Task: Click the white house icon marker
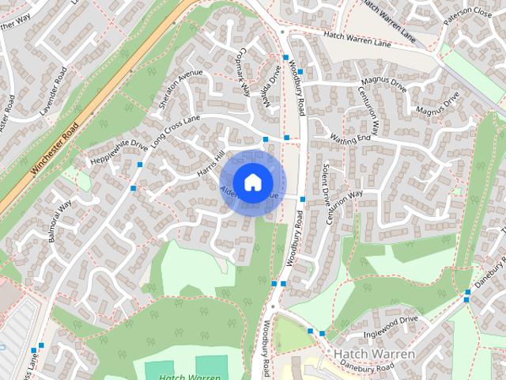click(251, 181)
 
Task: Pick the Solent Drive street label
click(324, 184)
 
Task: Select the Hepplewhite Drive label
click(119, 151)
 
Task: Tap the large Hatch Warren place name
click(375, 353)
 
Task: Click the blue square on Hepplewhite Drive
click(139, 165)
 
